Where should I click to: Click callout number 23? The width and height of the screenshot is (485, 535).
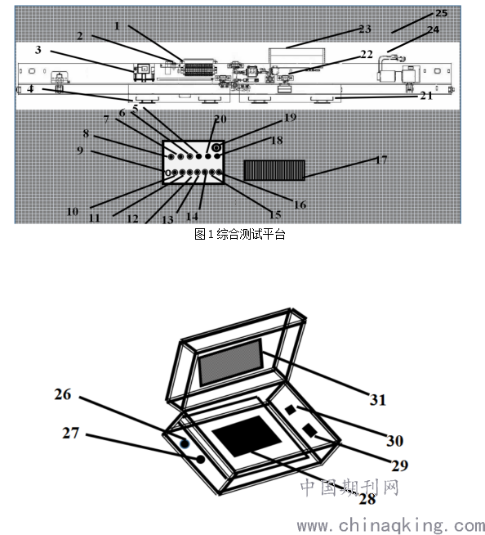(x=365, y=29)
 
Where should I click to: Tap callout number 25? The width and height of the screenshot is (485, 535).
(x=442, y=13)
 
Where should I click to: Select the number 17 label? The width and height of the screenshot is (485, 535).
(x=381, y=160)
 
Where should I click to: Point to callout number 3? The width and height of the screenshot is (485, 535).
(x=38, y=50)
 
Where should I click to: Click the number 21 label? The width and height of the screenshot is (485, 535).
(x=426, y=96)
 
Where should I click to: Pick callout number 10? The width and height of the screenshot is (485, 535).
(x=73, y=212)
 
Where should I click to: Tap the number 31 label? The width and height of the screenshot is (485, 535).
(x=378, y=400)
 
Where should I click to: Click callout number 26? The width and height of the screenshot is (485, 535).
(x=63, y=394)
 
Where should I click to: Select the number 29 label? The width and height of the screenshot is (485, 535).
(x=400, y=465)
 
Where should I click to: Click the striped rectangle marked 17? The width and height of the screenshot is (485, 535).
(x=274, y=170)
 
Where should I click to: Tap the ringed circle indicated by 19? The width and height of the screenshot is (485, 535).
(x=217, y=148)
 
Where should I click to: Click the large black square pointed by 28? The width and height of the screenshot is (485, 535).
(x=247, y=436)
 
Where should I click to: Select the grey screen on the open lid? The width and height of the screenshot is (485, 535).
(x=231, y=362)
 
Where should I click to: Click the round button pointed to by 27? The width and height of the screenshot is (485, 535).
(x=201, y=459)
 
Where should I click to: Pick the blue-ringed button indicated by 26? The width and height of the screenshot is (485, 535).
(x=185, y=443)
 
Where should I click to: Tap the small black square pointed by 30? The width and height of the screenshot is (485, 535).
(x=290, y=410)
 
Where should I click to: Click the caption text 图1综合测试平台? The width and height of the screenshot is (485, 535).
(x=239, y=235)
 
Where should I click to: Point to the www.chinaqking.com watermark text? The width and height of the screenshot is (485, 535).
(x=391, y=526)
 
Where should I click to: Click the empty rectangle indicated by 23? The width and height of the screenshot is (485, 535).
(x=296, y=56)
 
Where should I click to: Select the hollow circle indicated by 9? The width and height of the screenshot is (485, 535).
(x=167, y=173)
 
